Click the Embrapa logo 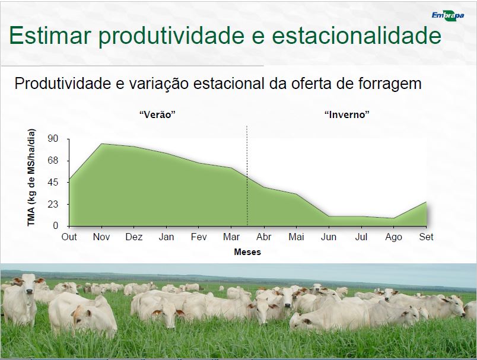pyautogui.click(x=448, y=16)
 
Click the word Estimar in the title pyautogui.click(x=50, y=35)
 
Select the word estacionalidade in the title pyautogui.click(x=356, y=35)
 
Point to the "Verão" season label pyautogui.click(x=158, y=114)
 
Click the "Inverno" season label pyautogui.click(x=347, y=114)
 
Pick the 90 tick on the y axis pyautogui.click(x=53, y=139)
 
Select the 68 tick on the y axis pyautogui.click(x=53, y=161)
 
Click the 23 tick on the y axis pyautogui.click(x=53, y=204)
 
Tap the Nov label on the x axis pyautogui.click(x=101, y=237)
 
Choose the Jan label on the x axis pyautogui.click(x=166, y=237)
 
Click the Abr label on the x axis pyautogui.click(x=264, y=237)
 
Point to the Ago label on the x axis pyautogui.click(x=394, y=237)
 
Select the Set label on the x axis pyautogui.click(x=426, y=237)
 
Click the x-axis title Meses pyautogui.click(x=247, y=252)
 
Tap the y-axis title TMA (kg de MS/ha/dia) pyautogui.click(x=31, y=177)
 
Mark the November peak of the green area pyautogui.click(x=101, y=144)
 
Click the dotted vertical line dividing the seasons pyautogui.click(x=247, y=176)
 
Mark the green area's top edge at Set pyautogui.click(x=426, y=202)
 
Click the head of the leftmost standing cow pyautogui.click(x=28, y=284)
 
